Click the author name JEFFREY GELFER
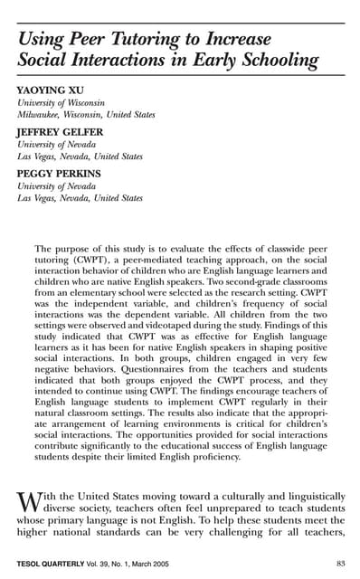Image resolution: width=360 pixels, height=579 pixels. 59,131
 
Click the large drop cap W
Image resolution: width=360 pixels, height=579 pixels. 26,502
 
